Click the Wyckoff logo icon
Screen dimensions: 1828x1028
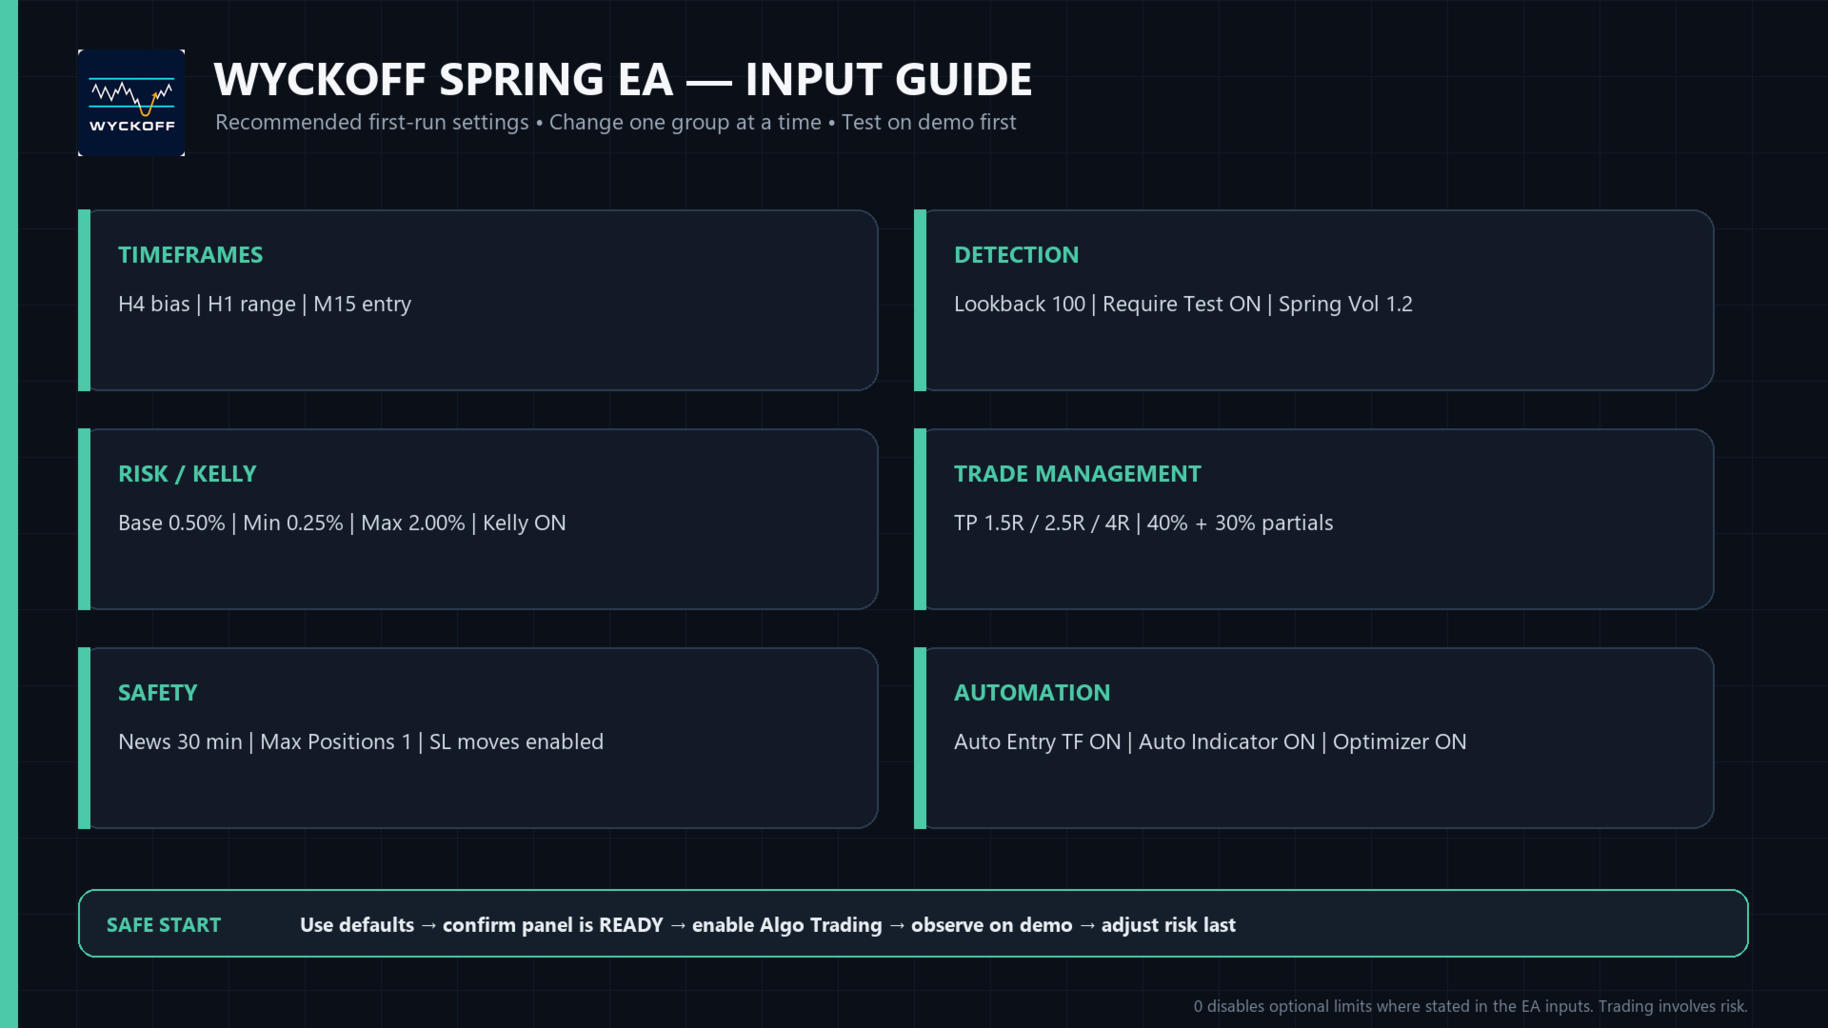point(131,103)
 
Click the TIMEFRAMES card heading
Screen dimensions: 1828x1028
point(190,255)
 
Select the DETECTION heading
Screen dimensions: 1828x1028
point(1016,255)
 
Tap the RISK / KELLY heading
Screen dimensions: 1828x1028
point(188,474)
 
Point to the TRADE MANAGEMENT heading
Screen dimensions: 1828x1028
point(1078,474)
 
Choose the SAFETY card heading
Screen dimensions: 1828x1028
point(158,693)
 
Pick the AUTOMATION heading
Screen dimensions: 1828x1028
point(1032,693)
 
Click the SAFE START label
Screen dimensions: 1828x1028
point(164,925)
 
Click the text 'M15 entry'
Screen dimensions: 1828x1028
point(363,305)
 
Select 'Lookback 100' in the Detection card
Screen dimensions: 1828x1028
point(1020,305)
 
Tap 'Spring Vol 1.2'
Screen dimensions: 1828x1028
point(1345,305)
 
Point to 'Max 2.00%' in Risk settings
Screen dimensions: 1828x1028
point(413,524)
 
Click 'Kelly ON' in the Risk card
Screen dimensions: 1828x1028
point(525,524)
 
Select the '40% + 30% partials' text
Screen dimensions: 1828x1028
point(1240,524)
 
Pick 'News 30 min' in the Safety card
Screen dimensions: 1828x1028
point(180,742)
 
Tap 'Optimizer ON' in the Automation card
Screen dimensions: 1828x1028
point(1400,742)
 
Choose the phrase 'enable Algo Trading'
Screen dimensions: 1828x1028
point(787,925)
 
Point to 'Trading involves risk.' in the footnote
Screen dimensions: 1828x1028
point(1673,1006)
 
